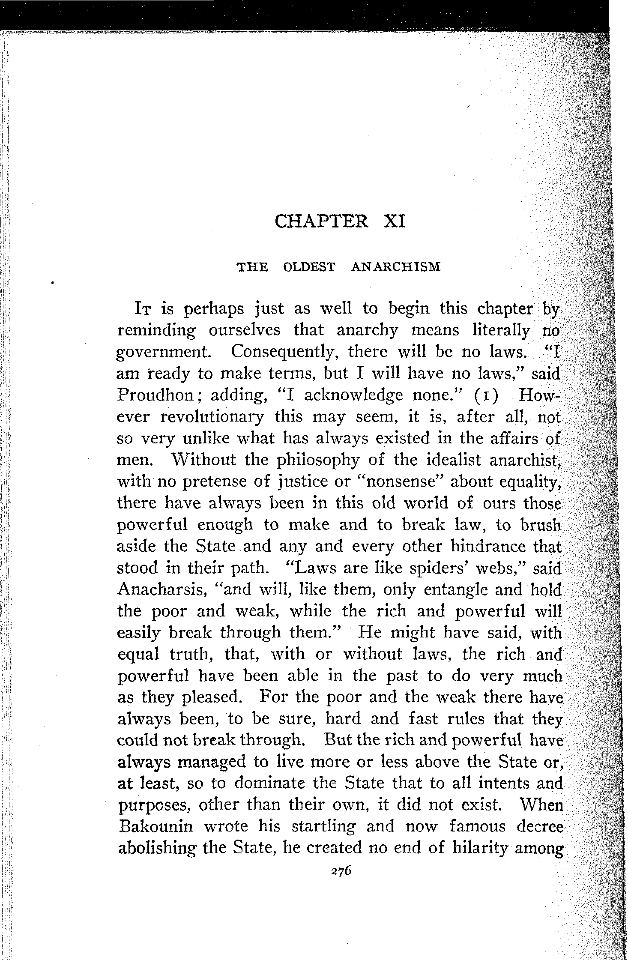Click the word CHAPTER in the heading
(x=321, y=222)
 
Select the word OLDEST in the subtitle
(x=309, y=267)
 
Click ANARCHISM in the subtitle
(x=395, y=267)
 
